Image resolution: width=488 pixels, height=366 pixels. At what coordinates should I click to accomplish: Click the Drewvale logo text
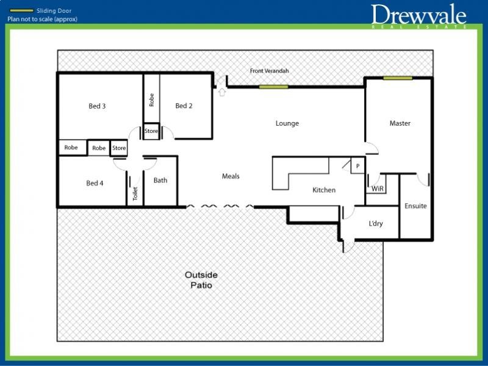point(418,14)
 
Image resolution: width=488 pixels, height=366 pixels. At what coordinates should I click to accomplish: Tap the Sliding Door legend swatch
point(21,10)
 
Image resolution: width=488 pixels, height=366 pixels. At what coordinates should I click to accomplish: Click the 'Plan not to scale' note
point(42,19)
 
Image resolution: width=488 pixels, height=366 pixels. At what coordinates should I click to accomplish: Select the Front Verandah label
point(269,71)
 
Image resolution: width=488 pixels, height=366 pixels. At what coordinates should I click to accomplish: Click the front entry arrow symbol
point(222,92)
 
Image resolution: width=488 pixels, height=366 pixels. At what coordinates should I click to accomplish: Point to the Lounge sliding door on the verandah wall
point(273,87)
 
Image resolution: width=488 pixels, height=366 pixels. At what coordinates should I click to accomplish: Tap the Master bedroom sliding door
point(398,78)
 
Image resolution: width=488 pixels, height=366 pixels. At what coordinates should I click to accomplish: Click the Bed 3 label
point(97,106)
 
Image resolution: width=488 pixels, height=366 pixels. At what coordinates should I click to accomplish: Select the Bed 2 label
point(184,106)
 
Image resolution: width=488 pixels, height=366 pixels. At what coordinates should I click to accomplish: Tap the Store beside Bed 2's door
point(151,131)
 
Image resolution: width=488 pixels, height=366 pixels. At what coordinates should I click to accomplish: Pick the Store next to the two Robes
point(119,148)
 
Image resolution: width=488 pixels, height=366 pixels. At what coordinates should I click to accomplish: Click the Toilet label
point(135,193)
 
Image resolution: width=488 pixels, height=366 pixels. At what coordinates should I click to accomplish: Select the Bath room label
point(160,180)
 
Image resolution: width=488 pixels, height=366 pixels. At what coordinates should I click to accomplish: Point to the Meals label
point(231,176)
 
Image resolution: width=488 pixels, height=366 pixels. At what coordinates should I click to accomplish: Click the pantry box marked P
point(358,166)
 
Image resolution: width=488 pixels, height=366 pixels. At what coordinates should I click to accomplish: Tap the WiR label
point(378,188)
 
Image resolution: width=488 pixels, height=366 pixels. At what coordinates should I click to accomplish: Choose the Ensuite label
point(415,206)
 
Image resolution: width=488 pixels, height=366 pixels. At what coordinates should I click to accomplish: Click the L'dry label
point(376,223)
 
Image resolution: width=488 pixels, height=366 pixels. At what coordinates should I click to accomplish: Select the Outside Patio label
point(201,280)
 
